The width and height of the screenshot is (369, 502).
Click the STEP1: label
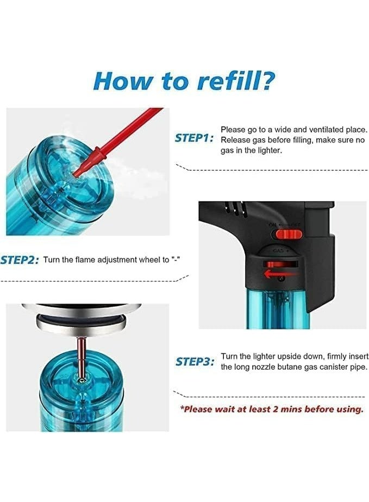click(x=194, y=138)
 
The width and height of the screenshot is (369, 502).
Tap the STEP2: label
click(x=19, y=260)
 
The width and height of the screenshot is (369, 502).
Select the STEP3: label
click(x=195, y=362)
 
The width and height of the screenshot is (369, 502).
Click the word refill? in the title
click(x=236, y=81)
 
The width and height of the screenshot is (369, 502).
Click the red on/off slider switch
click(x=289, y=234)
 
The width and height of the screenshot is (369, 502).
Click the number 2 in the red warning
click(x=275, y=409)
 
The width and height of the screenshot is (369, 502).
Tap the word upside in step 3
click(x=289, y=357)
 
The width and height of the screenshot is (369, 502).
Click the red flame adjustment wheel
click(x=279, y=264)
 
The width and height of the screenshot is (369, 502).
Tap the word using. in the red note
click(x=351, y=409)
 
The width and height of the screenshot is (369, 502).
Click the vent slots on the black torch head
click(x=234, y=207)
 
